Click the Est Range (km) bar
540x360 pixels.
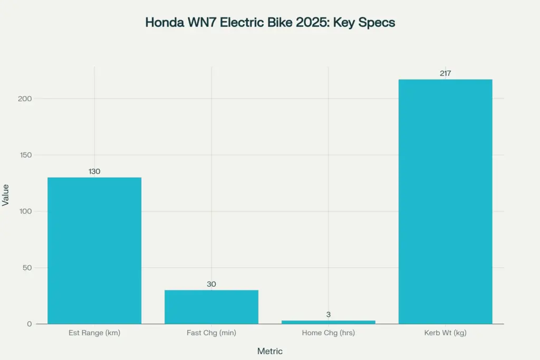tap(94, 250)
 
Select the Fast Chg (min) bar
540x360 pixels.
tap(211, 307)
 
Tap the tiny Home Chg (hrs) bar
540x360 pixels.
tap(329, 322)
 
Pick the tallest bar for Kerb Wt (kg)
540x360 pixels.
tap(445, 201)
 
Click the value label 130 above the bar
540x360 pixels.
tap(94, 171)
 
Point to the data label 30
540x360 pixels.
tap(211, 284)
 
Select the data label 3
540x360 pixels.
tap(329, 315)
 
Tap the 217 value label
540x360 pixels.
tap(445, 73)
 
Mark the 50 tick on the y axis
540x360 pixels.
tap(28, 268)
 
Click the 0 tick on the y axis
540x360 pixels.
tap(30, 324)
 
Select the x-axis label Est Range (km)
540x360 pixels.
tap(94, 333)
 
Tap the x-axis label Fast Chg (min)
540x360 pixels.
tap(211, 333)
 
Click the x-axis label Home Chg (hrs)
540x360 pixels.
tap(329, 333)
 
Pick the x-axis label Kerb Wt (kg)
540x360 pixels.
tap(445, 333)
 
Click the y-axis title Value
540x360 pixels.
tap(6, 194)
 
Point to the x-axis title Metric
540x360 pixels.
tap(270, 351)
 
